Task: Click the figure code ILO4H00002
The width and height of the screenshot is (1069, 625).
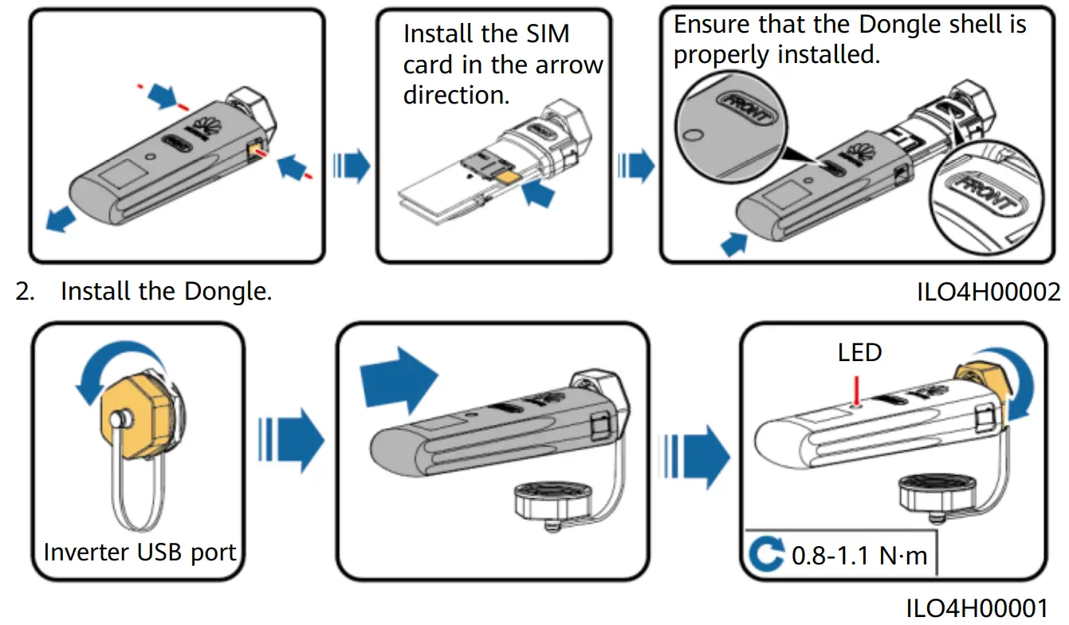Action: [x=988, y=292]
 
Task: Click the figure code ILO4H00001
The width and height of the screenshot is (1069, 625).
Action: [x=988, y=605]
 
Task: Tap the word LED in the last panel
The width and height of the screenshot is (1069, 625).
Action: [x=859, y=352]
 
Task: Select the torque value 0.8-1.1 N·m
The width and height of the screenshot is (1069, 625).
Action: [x=859, y=555]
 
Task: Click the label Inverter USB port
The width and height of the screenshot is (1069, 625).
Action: [x=140, y=552]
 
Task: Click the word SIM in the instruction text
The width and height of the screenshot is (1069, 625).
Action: [x=541, y=35]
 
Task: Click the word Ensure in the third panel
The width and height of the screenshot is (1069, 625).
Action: [x=712, y=24]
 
